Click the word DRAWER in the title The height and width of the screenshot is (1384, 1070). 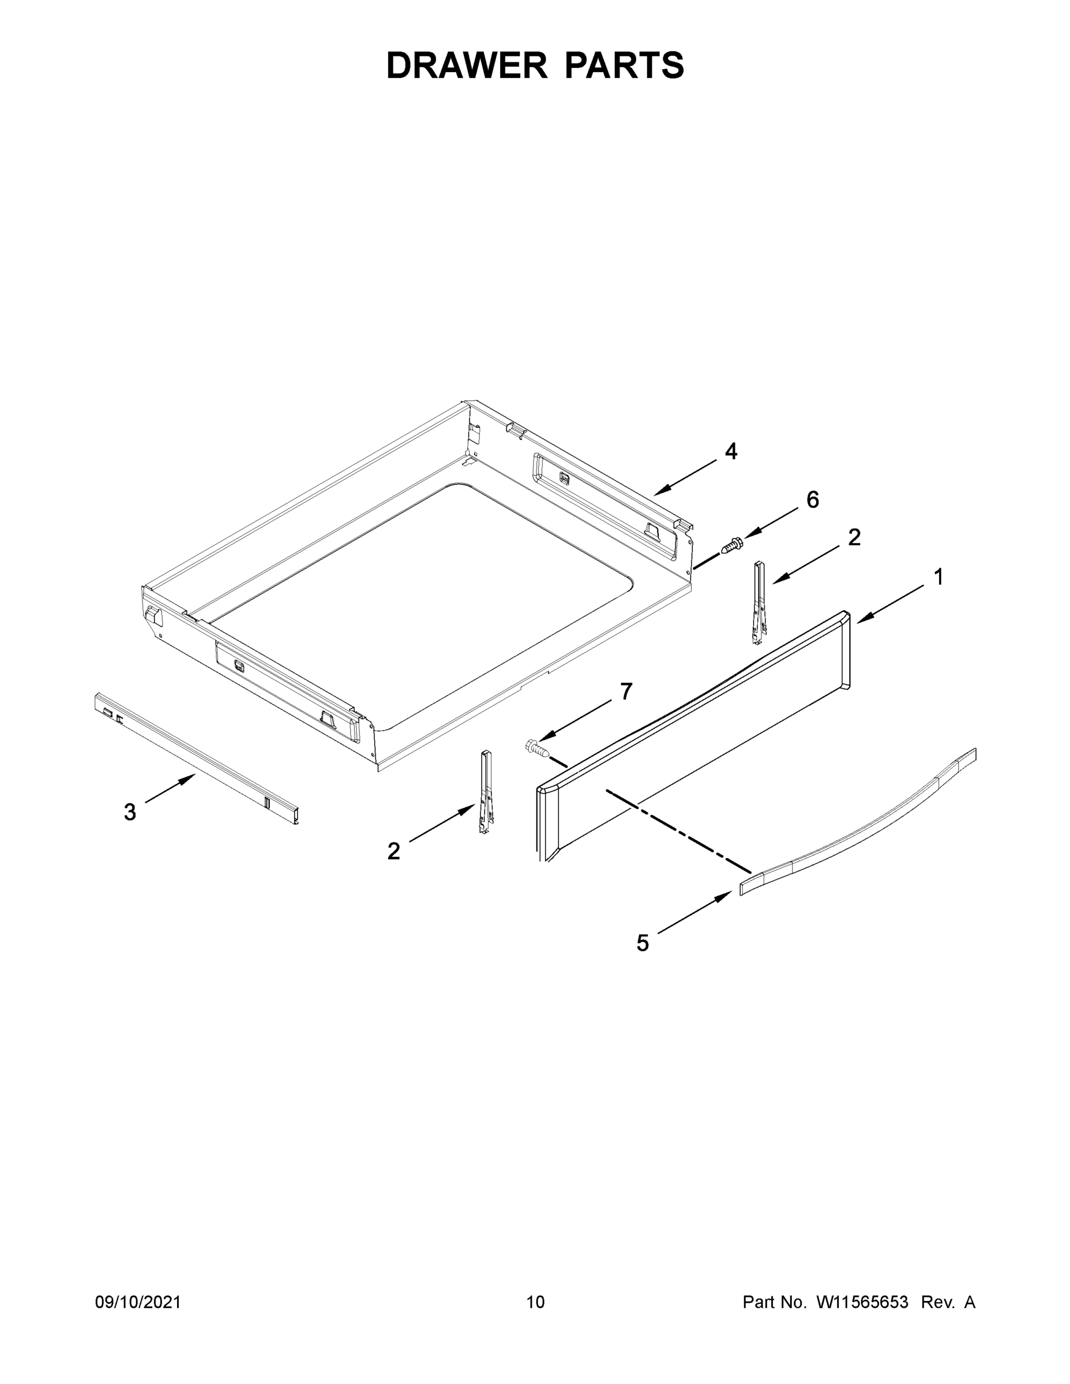467,65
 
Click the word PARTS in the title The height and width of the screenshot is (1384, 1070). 624,65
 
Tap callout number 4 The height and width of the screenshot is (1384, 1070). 731,451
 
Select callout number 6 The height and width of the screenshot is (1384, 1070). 812,500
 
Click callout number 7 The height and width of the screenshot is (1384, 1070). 626,691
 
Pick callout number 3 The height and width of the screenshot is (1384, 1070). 130,812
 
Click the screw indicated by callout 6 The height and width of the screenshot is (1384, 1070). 732,545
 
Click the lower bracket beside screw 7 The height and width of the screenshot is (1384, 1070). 486,792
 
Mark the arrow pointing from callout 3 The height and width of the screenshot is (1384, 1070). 170,789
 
